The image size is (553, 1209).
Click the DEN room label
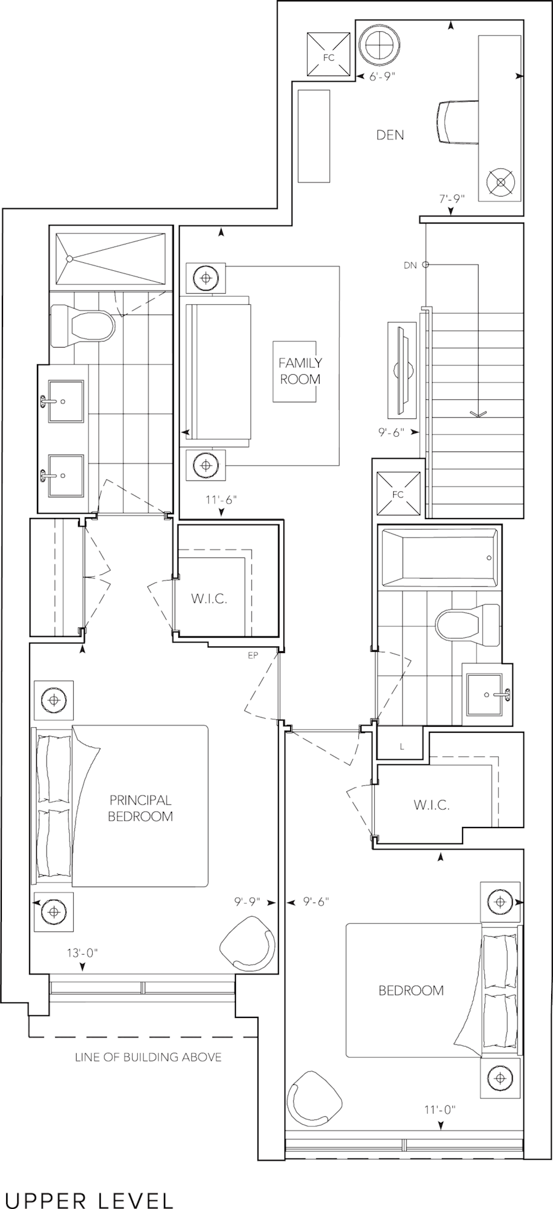tap(390, 135)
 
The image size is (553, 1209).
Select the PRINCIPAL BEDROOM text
tap(140, 808)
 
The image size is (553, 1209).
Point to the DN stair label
tap(410, 265)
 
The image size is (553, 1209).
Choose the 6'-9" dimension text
tap(383, 77)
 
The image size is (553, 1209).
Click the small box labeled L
tap(402, 746)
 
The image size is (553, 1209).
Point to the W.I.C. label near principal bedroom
tap(209, 599)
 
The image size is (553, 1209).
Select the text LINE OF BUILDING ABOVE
tap(148, 1057)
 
